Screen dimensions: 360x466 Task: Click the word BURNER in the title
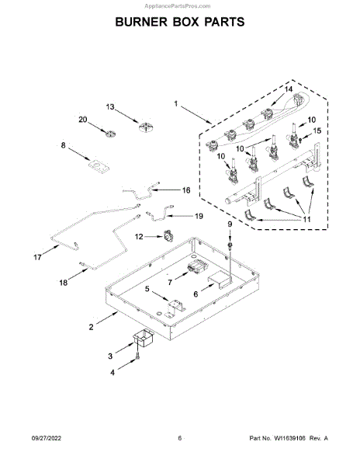point(141,22)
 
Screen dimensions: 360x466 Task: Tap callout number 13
point(110,106)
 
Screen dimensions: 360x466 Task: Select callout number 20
point(83,120)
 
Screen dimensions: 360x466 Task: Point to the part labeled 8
point(99,167)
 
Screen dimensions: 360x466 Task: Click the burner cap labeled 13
point(147,127)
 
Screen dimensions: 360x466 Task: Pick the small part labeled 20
point(110,134)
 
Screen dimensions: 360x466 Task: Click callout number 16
point(186,190)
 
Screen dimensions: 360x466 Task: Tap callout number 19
point(199,216)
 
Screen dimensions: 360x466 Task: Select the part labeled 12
point(168,237)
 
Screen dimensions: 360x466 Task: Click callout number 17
point(37,257)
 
